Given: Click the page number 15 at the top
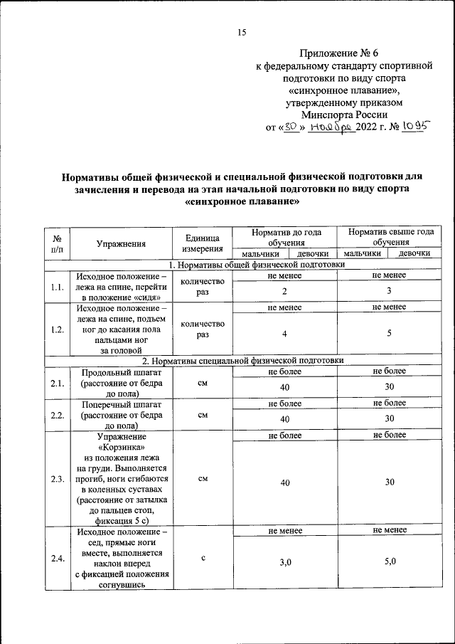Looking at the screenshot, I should click(241, 32).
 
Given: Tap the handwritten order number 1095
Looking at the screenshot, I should click(416, 127).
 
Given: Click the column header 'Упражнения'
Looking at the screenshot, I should click(122, 243).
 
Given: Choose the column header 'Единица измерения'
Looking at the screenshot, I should click(203, 243).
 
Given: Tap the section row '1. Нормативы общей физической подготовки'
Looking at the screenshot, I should click(242, 265).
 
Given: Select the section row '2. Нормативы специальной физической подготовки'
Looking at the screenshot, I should click(242, 361).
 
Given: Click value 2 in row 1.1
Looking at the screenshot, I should click(284, 292).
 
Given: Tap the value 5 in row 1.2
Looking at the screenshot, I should click(390, 334).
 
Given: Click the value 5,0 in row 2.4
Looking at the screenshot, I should click(390, 562).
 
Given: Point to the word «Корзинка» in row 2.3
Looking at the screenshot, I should click(122, 447).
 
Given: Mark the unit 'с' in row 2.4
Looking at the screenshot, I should click(203, 558).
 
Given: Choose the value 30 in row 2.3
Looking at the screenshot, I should click(390, 482).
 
